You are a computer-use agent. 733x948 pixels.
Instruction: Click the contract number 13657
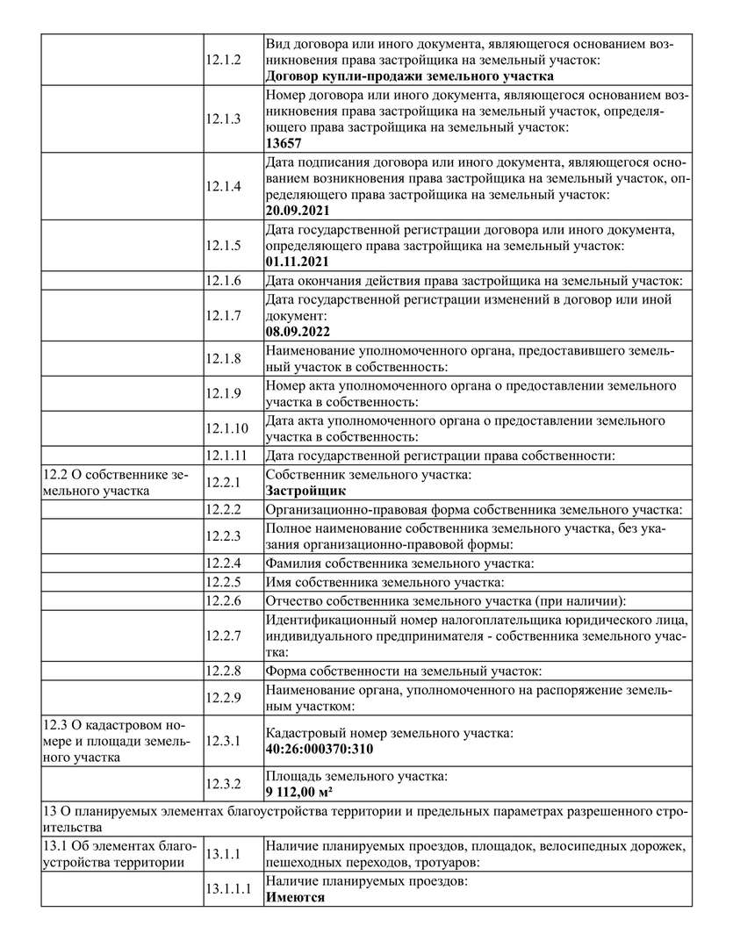[284, 143]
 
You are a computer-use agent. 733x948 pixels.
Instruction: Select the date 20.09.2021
[298, 210]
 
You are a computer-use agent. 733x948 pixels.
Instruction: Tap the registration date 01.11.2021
[298, 262]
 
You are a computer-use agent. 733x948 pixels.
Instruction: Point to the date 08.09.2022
[298, 332]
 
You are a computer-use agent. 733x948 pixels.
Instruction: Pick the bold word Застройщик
[305, 492]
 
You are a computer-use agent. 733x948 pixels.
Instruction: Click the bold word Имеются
[295, 897]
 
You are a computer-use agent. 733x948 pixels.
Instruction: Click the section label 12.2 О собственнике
[115, 475]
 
